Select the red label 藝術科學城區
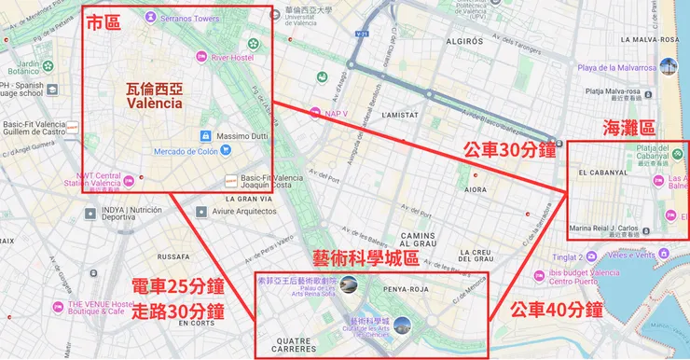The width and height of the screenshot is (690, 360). pos(364,257)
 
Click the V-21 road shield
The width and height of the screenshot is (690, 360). pos(360,35)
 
